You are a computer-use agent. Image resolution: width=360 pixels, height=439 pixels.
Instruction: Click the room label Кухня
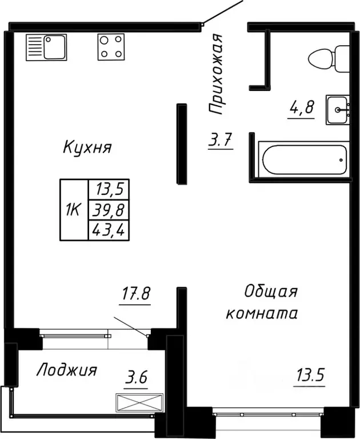(x=87, y=147)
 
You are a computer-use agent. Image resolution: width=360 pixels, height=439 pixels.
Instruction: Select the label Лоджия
(x=66, y=370)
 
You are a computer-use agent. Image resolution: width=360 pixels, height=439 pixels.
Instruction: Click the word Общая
(x=270, y=292)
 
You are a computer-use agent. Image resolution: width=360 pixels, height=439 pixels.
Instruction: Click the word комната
(x=262, y=313)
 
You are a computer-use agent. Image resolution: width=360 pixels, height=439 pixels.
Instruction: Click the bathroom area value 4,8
(x=302, y=108)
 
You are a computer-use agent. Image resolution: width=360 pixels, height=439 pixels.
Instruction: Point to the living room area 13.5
(x=309, y=377)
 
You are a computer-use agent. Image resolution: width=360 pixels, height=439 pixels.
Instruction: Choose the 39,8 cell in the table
(x=109, y=210)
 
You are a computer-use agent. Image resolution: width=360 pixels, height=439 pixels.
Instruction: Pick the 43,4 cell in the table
(x=109, y=230)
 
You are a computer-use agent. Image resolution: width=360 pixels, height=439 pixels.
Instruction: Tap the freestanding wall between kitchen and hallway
(x=182, y=143)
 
